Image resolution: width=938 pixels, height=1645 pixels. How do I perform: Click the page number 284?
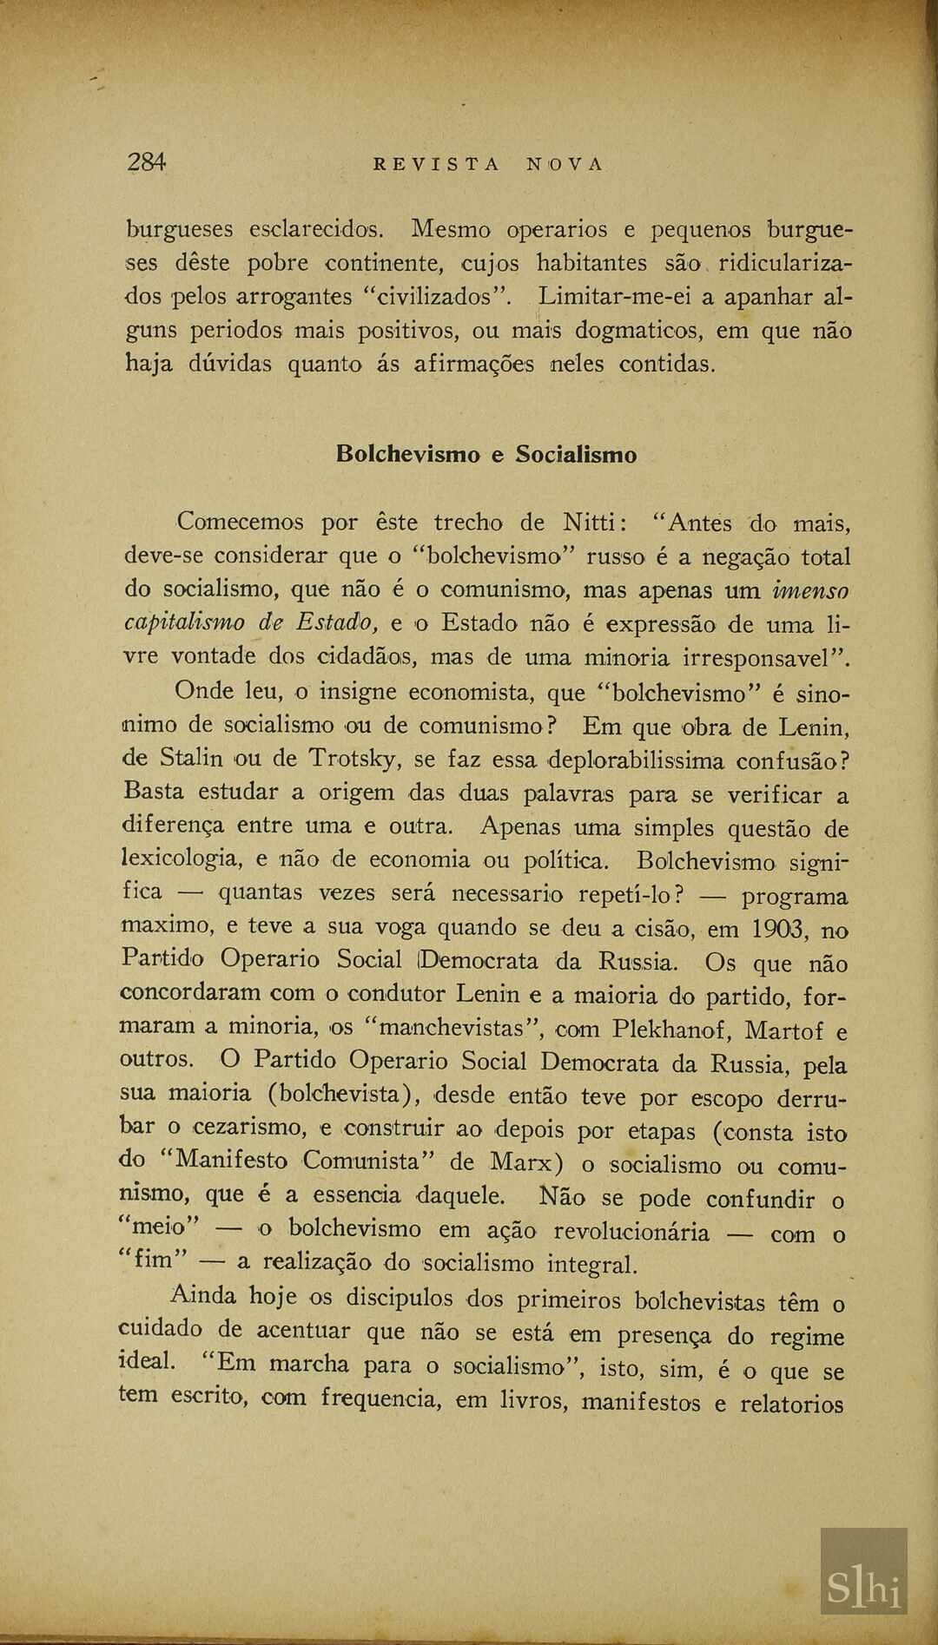(x=147, y=162)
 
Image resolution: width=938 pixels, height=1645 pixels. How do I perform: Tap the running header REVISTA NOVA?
(x=487, y=164)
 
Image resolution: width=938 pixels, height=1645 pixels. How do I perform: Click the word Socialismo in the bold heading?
(x=575, y=454)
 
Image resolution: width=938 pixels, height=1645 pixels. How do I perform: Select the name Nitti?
(x=589, y=523)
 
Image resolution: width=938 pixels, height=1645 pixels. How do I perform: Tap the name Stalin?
(x=191, y=758)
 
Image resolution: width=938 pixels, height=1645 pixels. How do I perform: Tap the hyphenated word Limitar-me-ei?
(x=613, y=297)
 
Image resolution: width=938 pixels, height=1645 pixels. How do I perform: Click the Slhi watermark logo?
(x=863, y=1585)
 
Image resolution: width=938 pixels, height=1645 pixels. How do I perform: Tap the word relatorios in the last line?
(x=791, y=1404)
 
